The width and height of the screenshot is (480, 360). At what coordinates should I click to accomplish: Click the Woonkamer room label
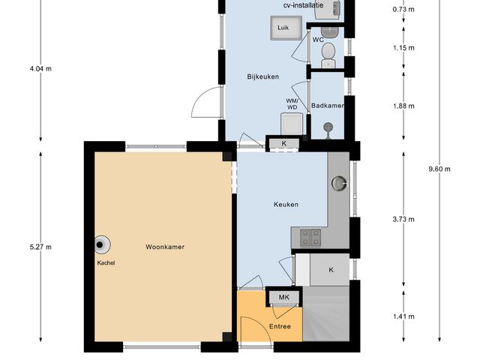165,246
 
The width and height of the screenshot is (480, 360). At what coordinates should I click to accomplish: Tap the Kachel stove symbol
100,244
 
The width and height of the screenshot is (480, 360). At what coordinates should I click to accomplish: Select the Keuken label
286,204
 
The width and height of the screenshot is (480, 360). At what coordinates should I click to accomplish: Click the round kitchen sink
341,181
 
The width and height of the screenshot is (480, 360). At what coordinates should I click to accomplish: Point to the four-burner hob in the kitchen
309,237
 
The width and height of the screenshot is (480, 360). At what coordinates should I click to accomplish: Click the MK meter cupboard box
283,298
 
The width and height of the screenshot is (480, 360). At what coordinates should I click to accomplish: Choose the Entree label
280,326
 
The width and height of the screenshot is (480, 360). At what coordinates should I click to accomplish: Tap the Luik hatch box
283,28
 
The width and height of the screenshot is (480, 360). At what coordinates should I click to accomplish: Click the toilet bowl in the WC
328,52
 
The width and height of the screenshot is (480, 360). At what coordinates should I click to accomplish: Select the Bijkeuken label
263,76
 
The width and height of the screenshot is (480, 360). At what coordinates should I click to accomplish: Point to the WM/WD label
292,103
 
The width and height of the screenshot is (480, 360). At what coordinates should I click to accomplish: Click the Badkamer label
328,106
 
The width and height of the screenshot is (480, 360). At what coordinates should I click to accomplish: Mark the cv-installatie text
304,5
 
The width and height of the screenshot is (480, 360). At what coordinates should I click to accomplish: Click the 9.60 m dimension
439,169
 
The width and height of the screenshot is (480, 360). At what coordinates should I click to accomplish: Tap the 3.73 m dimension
403,220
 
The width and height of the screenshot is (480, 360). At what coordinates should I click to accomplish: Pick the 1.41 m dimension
403,316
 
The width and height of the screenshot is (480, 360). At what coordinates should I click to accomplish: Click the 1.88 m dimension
403,106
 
